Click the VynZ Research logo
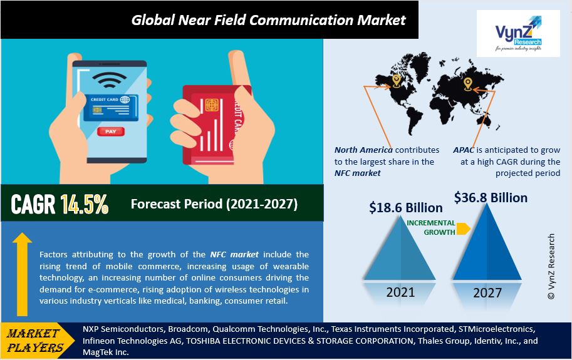pyautogui.click(x=518, y=34)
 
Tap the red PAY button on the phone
pyautogui.click(x=110, y=131)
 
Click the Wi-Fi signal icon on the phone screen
pyautogui.click(x=109, y=80)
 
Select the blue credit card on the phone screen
pyautogui.click(x=111, y=108)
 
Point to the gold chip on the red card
pyautogui.click(x=212, y=105)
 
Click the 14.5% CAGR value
pyautogui.click(x=85, y=203)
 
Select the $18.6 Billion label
pyautogui.click(x=405, y=208)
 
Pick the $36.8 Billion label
pyautogui.click(x=491, y=198)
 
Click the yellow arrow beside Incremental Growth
pyautogui.click(x=463, y=229)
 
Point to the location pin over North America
pyautogui.click(x=397, y=81)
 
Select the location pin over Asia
pyautogui.click(x=468, y=84)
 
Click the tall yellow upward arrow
pyautogui.click(x=23, y=274)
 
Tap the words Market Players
pyautogui.click(x=34, y=341)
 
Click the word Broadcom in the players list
pyautogui.click(x=188, y=329)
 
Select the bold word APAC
pyautogui.click(x=464, y=150)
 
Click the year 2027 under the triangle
pyautogui.click(x=487, y=292)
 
